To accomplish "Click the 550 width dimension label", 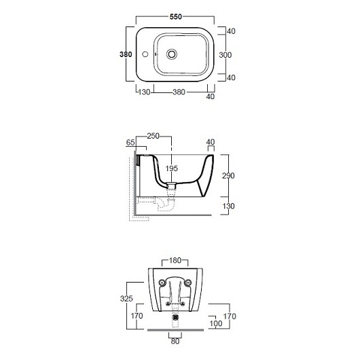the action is pos(176,17).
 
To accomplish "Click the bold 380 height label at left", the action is pos(126,54).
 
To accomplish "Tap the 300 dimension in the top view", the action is pos(226,55).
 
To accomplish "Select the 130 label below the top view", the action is pos(144,92).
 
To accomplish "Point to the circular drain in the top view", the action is pos(172,54).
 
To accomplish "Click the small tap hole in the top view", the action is pos(145,54).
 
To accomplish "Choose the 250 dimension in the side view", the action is pos(153,136).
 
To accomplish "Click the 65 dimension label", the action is pos(130,143).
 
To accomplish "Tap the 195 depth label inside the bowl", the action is pos(171,168).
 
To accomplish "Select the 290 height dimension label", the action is pos(228,176).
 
